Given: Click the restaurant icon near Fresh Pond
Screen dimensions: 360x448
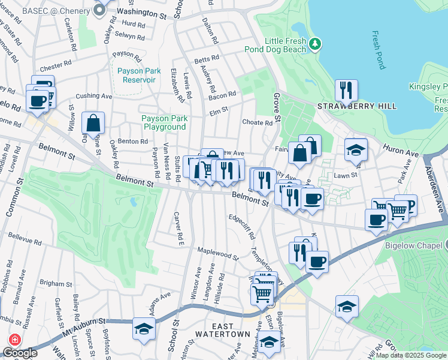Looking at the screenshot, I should pos(346,91).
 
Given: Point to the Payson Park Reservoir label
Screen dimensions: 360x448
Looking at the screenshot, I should pos(136,76).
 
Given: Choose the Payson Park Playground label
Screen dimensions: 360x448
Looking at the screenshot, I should pos(164,122).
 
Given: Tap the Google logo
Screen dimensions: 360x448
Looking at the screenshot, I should pos(20,353).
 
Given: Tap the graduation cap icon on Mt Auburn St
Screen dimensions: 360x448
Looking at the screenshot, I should pos(144,329).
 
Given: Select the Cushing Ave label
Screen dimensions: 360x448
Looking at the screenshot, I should pos(94,95).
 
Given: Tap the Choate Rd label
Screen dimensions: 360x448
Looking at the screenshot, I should pos(258,123).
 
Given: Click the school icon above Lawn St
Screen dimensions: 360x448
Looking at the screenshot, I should pos(356,150).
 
